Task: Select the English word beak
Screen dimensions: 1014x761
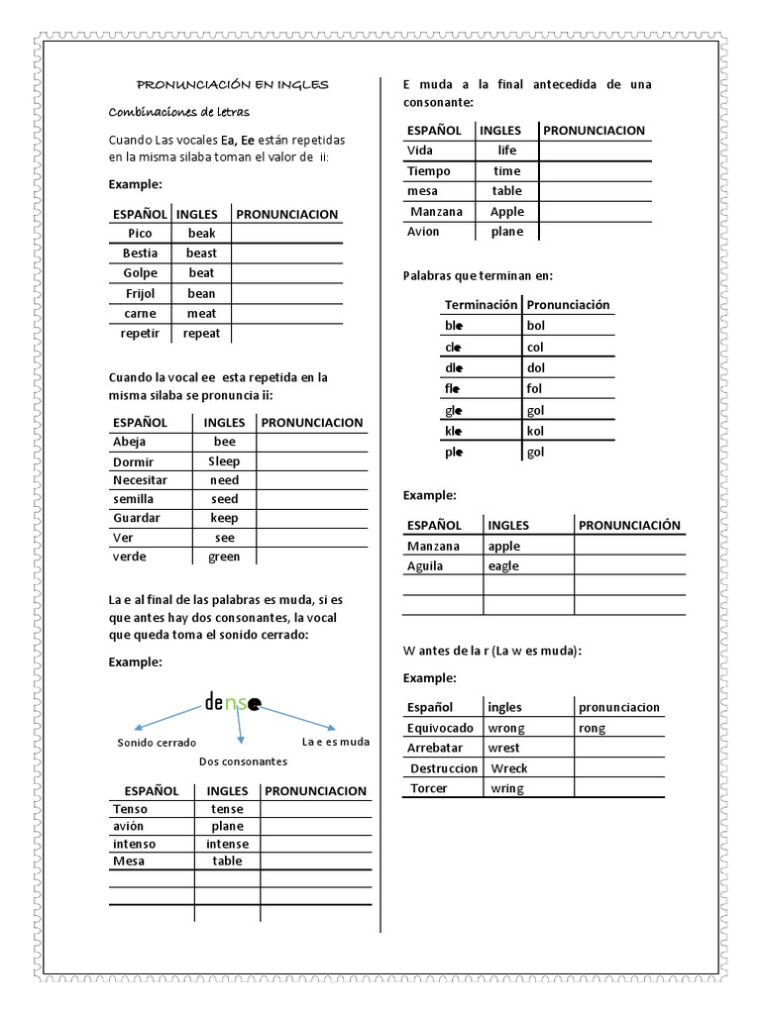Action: coord(201,233)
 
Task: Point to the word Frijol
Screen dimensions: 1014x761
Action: coord(141,293)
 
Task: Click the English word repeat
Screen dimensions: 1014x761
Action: coord(201,334)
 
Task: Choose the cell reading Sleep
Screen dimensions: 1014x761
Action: coord(224,460)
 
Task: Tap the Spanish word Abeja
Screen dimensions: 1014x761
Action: coord(129,442)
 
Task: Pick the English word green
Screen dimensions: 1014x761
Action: coord(224,556)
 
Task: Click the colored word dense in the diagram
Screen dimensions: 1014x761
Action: coord(233,704)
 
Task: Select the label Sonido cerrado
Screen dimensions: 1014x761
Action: coord(157,742)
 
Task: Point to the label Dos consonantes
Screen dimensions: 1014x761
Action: coord(243,761)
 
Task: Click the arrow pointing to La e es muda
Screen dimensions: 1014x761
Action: coord(297,718)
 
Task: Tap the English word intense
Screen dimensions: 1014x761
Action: coord(227,844)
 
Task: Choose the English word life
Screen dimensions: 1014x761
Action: coord(506,151)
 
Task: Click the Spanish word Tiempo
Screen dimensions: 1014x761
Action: coord(428,170)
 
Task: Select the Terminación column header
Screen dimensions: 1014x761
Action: coord(481,304)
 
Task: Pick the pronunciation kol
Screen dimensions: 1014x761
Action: coord(535,431)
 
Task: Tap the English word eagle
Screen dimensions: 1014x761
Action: coord(503,566)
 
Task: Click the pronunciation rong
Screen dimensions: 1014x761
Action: coord(593,728)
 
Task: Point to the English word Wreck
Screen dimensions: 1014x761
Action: coord(509,768)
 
